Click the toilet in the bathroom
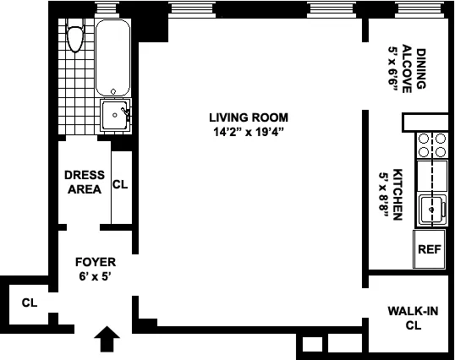pos(75,37)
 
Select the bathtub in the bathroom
pos(112,57)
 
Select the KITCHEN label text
pos(398,194)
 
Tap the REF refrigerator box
pos(430,249)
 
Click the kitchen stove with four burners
pos(431,146)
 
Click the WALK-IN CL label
pos(413,318)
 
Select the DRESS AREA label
pos(85,182)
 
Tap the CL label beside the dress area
pos(121,184)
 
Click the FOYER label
pos(94,261)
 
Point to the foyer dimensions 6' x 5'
pos(94,275)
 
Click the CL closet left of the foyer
pos(30,303)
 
